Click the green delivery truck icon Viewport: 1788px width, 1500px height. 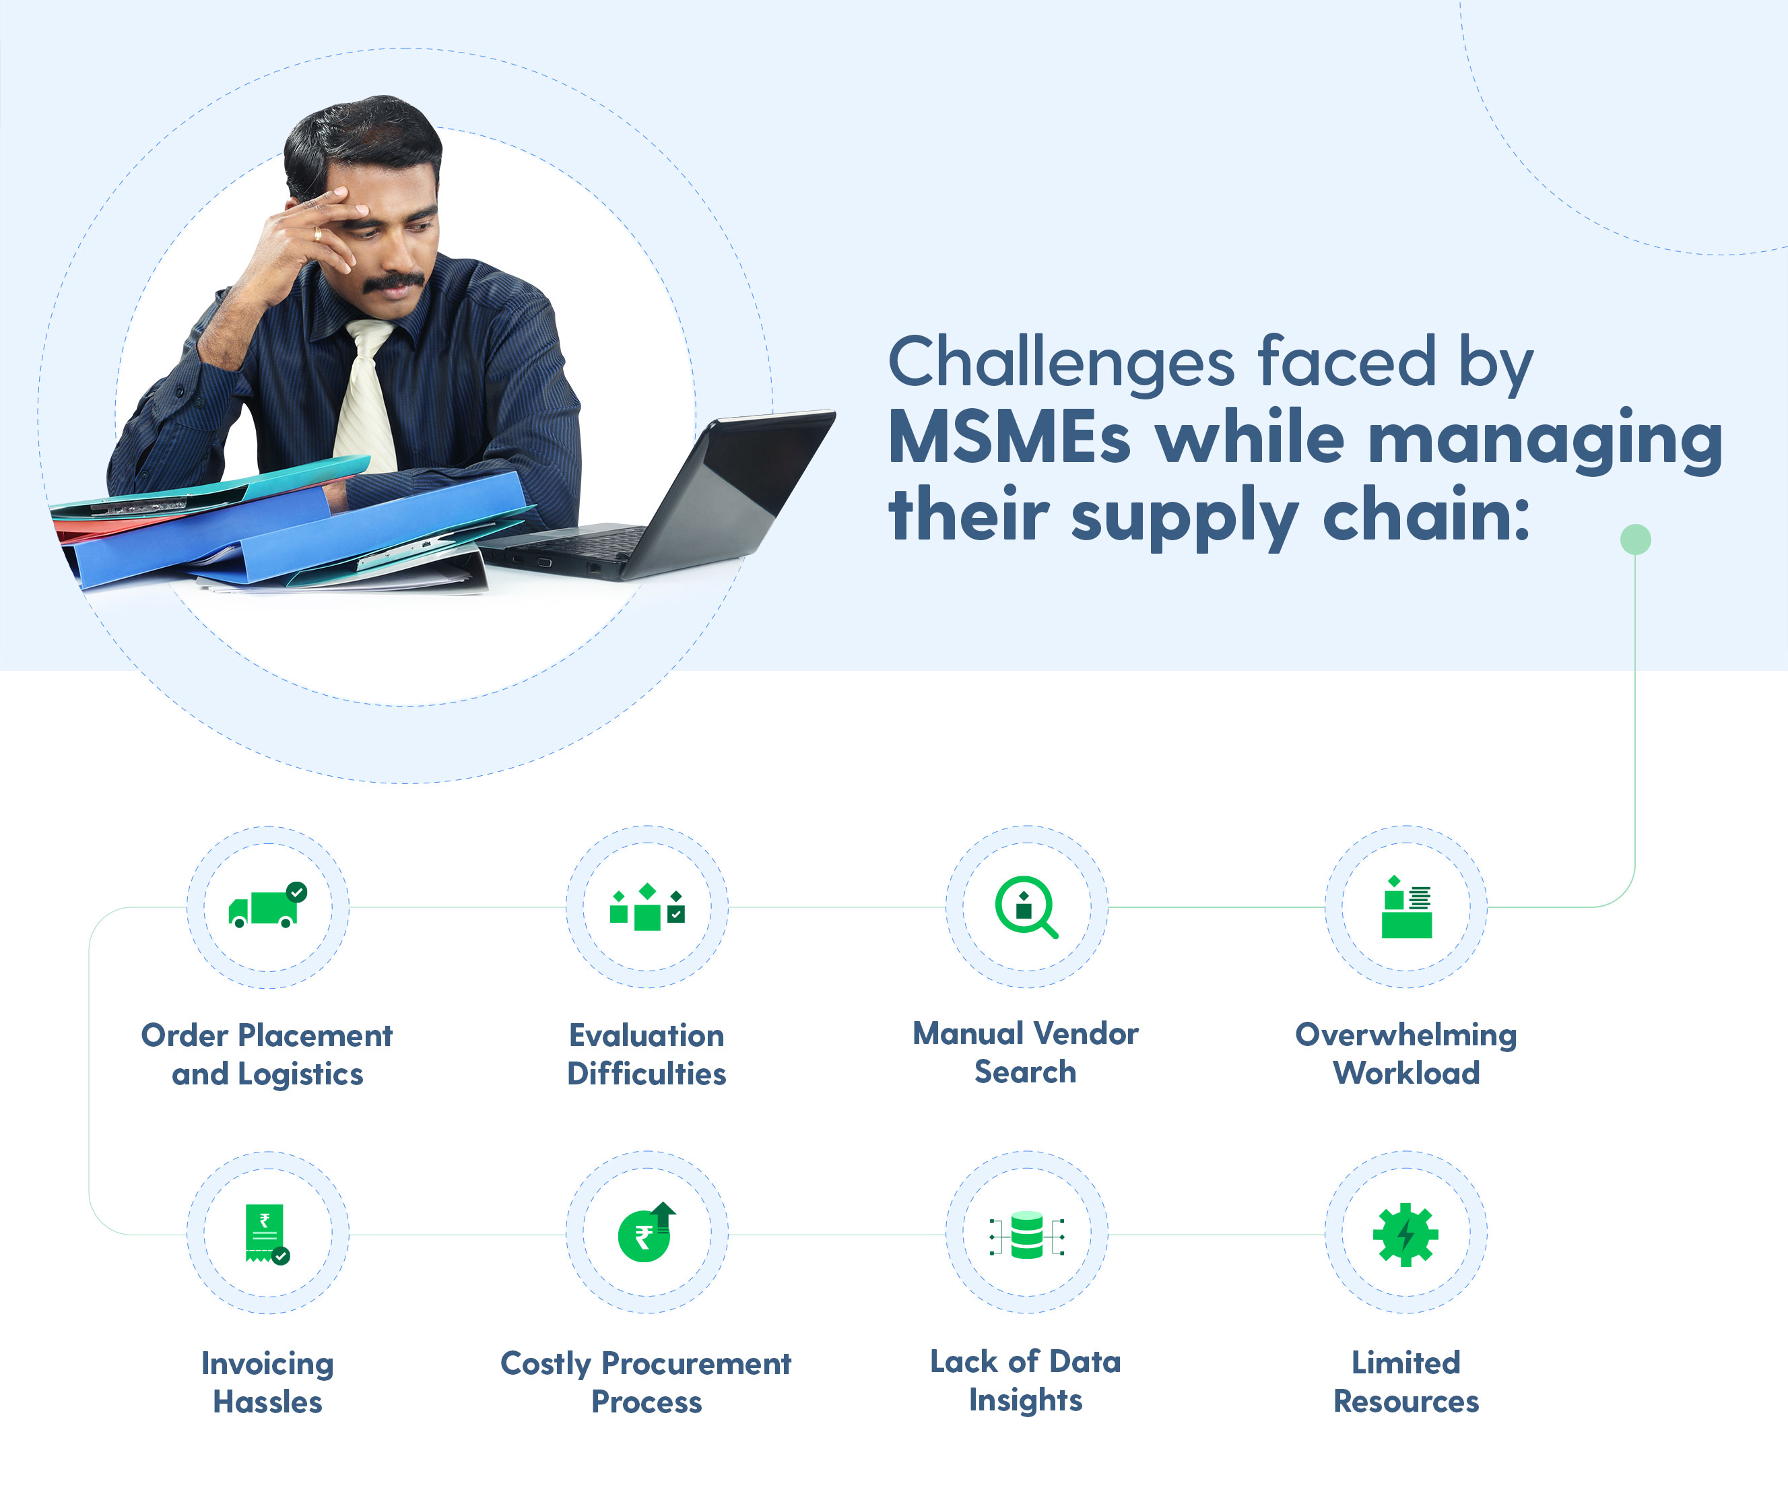[267, 905]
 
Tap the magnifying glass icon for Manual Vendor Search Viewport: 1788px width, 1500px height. [1026, 907]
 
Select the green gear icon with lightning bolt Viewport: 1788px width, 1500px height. [1405, 1234]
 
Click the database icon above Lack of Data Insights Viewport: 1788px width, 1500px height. [1026, 1235]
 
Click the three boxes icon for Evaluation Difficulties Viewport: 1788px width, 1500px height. [647, 907]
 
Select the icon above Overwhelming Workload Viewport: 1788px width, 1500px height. [1407, 907]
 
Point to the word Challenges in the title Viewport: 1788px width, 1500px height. [1061, 362]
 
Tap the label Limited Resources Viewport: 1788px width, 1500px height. [1405, 1381]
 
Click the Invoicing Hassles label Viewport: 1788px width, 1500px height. [267, 1382]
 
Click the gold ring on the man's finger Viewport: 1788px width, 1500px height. [318, 234]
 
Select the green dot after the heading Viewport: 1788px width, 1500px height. [1634, 540]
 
